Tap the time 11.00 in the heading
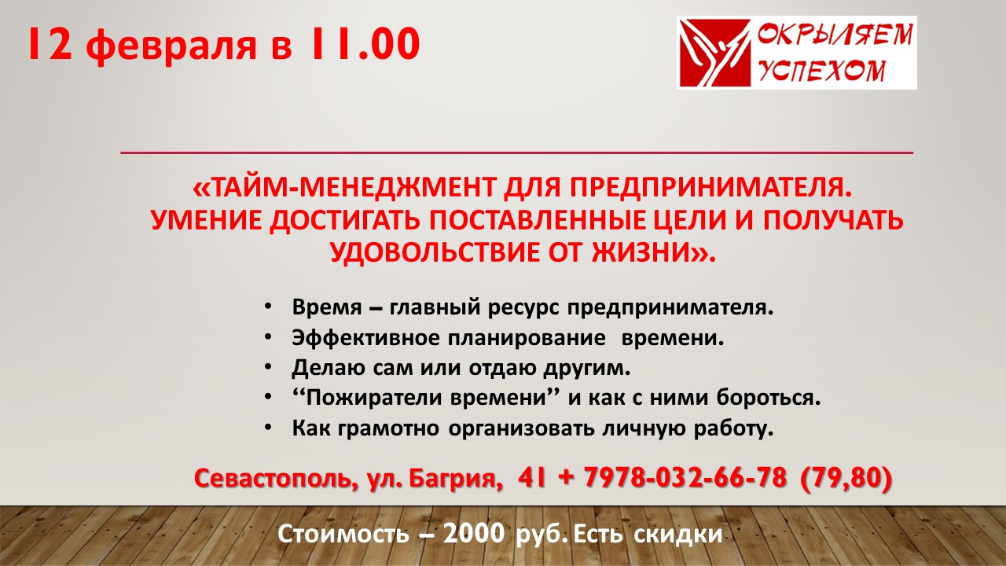pyautogui.click(x=363, y=43)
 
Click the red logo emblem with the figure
pyautogui.click(x=714, y=53)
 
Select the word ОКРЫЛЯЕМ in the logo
pyautogui.click(x=835, y=35)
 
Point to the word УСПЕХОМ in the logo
pyautogui.click(x=823, y=71)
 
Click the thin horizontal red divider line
pyautogui.click(x=517, y=153)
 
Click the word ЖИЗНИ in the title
pyautogui.click(x=641, y=252)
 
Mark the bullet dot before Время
pyautogui.click(x=268, y=307)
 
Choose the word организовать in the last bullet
pyautogui.click(x=521, y=428)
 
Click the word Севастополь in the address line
pyautogui.click(x=272, y=479)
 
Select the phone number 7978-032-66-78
pyautogui.click(x=685, y=477)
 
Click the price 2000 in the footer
pyautogui.click(x=474, y=534)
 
